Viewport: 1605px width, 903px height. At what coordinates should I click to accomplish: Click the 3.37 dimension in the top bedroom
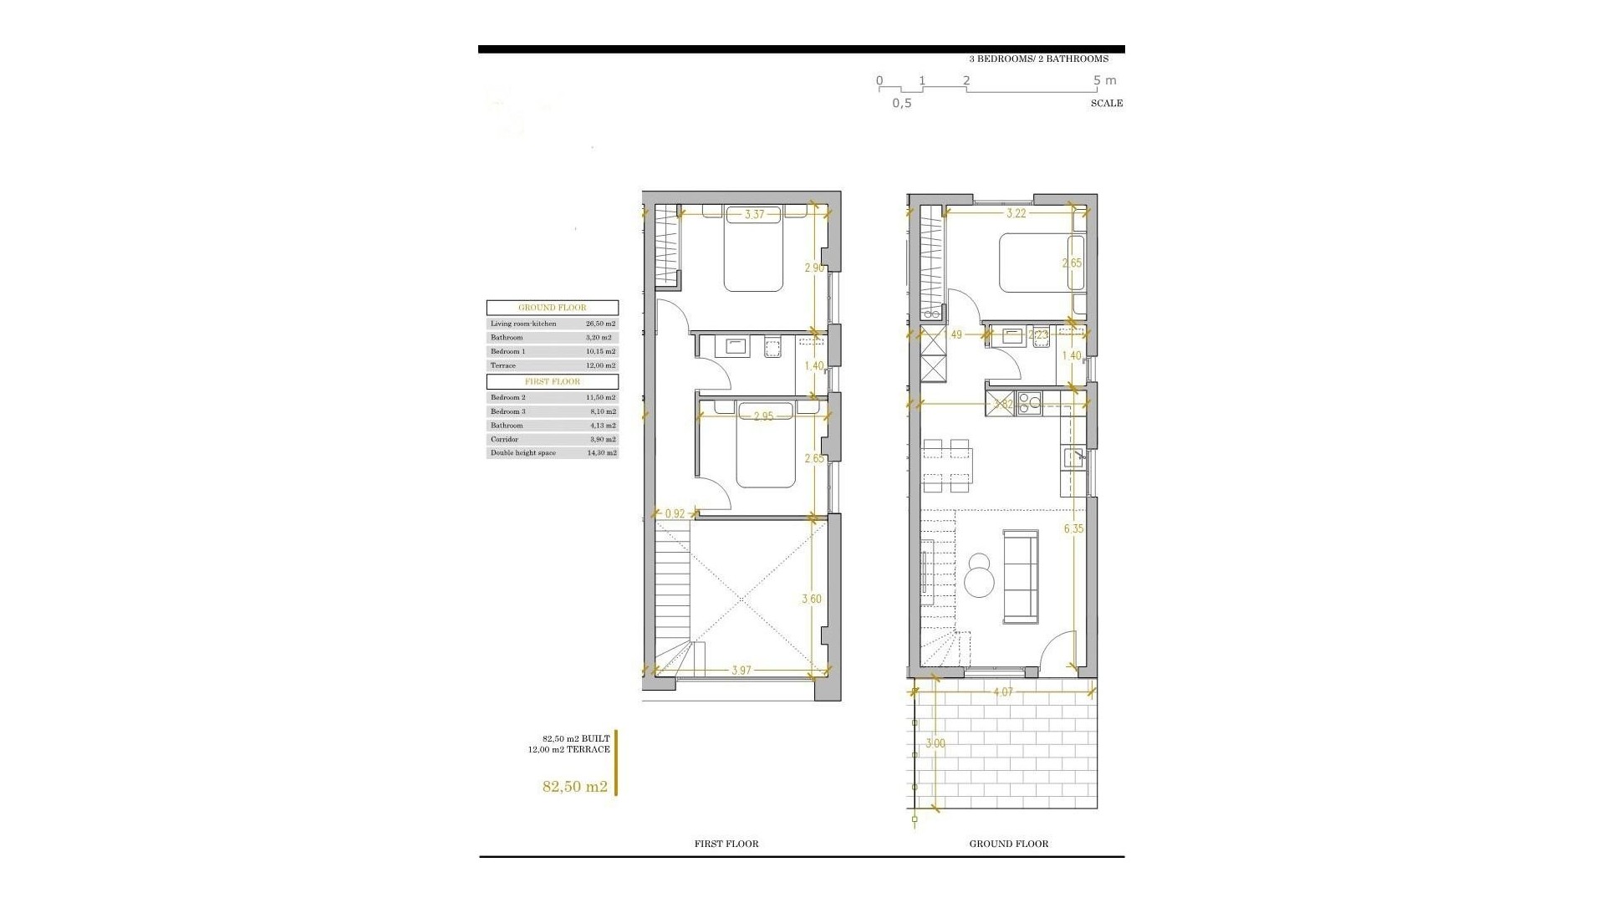click(754, 215)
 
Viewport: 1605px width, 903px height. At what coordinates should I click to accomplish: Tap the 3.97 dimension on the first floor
click(741, 671)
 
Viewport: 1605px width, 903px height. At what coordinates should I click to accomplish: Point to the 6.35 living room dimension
click(1073, 528)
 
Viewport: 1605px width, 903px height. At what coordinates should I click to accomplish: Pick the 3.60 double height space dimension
click(811, 599)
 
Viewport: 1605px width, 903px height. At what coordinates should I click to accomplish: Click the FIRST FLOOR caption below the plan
click(726, 844)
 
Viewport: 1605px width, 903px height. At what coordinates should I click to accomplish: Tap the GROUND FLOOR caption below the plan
click(1008, 844)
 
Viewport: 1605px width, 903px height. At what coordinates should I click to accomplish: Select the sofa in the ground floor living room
click(1020, 576)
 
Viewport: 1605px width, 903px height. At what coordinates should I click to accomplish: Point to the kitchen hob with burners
click(1029, 402)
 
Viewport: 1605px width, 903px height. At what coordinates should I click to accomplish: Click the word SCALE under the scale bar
click(1106, 104)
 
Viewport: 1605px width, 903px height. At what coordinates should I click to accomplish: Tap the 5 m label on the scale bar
click(1104, 81)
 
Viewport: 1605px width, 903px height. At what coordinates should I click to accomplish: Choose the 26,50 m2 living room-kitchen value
click(600, 324)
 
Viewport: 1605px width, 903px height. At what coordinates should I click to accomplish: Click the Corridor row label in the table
click(504, 439)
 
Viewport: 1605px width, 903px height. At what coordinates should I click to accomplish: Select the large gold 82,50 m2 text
click(574, 786)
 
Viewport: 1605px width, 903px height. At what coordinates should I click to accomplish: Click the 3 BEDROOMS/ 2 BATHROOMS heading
click(1038, 59)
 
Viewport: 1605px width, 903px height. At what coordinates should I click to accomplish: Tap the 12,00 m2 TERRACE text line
click(568, 749)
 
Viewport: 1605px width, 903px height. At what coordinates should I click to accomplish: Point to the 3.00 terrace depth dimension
click(935, 743)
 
